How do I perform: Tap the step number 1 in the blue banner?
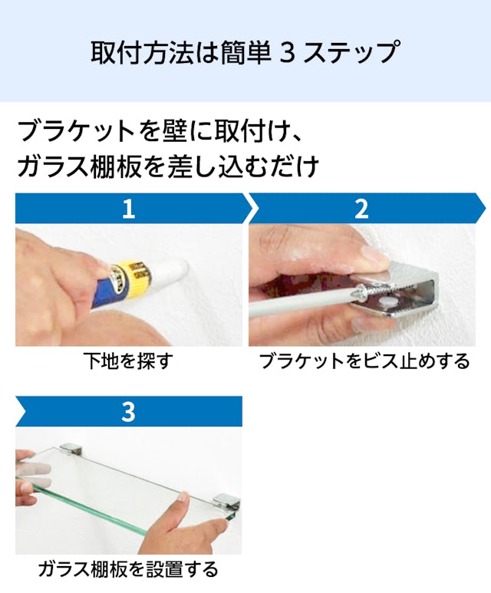129,209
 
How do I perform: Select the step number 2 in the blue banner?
361,209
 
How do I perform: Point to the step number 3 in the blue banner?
129,412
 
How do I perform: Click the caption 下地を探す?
128,361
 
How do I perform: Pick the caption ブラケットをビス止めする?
364,361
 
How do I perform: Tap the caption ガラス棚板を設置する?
128,569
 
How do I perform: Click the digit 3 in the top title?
288,53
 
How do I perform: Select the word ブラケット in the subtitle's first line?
76,132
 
